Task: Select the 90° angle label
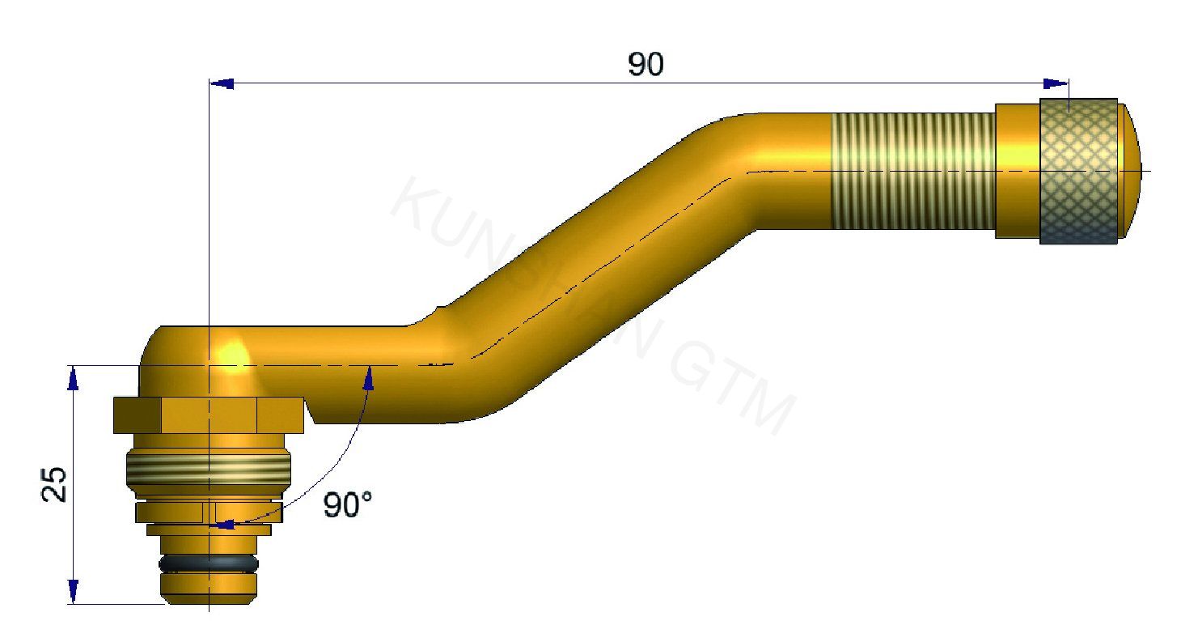(348, 505)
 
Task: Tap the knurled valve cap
(1079, 171)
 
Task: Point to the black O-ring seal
(209, 563)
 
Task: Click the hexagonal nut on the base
(209, 414)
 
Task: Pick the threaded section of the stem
(912, 171)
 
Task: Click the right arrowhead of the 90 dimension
(1056, 83)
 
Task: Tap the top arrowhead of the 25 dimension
(74, 378)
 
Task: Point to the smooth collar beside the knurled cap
(1017, 171)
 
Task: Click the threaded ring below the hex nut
(209, 468)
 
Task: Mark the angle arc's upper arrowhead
(370, 376)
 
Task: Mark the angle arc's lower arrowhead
(223, 525)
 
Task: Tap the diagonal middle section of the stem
(590, 259)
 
